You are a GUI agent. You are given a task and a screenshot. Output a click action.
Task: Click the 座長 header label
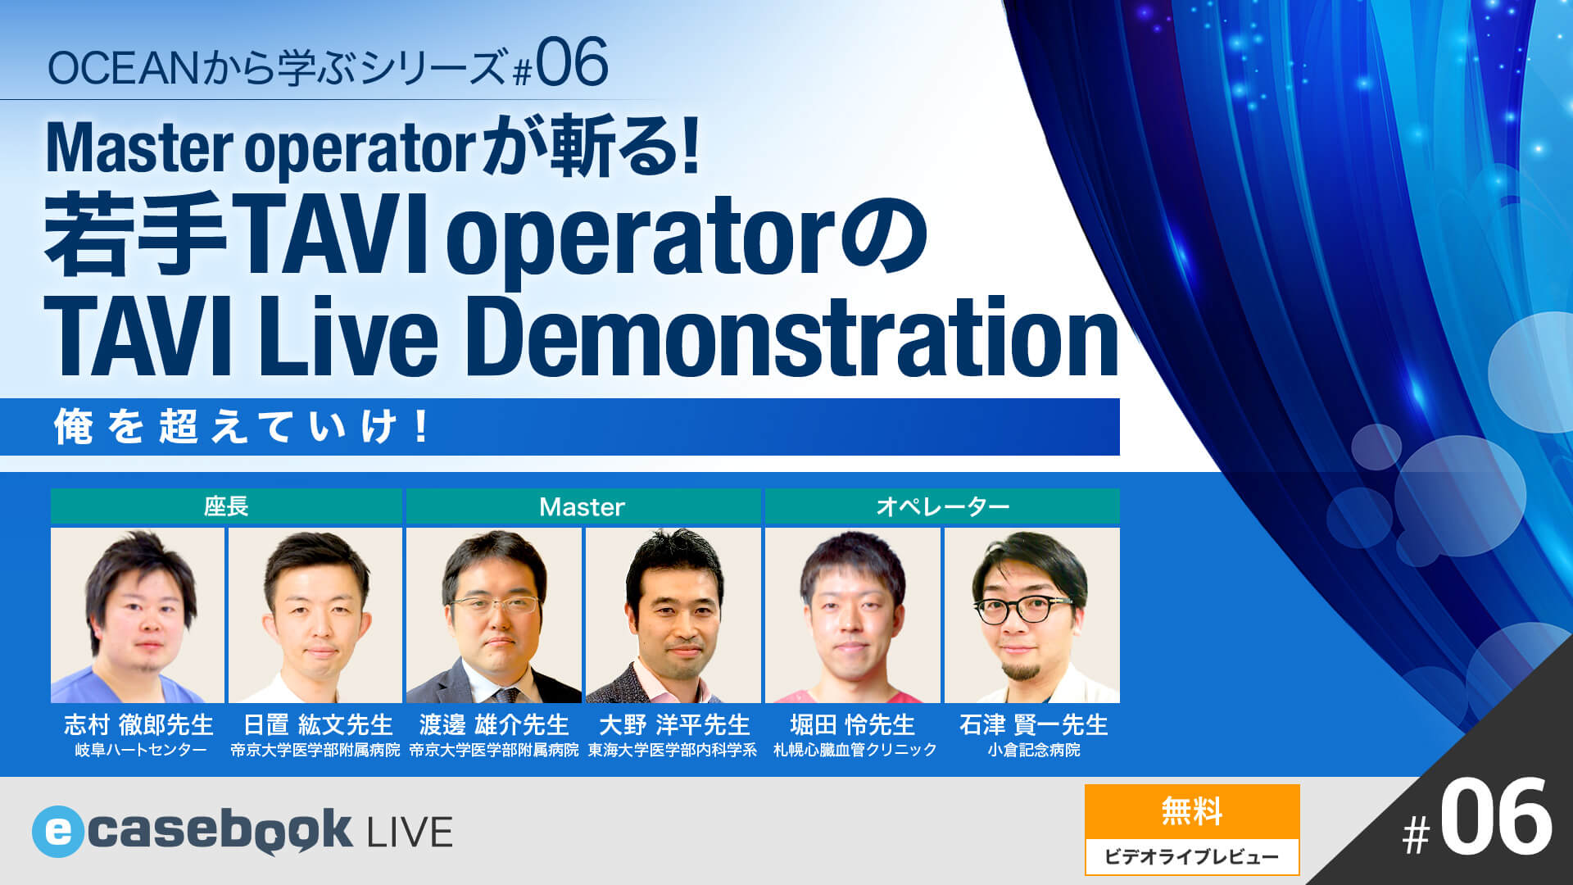tap(225, 506)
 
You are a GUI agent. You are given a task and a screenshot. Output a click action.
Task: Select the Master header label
tap(582, 507)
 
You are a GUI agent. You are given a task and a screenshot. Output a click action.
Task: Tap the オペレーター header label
tap(942, 507)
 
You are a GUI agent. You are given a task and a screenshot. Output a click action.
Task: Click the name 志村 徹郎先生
tap(138, 724)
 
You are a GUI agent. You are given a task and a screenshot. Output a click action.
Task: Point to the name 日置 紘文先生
tap(318, 724)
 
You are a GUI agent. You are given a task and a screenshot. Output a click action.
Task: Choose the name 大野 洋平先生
tap(673, 724)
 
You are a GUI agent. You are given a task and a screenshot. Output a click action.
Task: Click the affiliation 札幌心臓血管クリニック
tap(854, 750)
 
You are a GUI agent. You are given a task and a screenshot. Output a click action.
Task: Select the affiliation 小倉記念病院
tap(1033, 750)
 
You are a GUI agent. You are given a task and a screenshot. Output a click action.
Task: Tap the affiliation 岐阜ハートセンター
tap(140, 750)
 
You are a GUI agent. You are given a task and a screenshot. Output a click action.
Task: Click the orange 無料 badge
tap(1191, 812)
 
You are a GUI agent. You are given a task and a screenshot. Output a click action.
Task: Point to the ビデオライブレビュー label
tap(1191, 857)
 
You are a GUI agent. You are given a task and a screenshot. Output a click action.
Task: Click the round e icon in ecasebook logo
tap(57, 832)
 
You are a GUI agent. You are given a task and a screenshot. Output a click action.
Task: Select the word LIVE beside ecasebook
tap(410, 833)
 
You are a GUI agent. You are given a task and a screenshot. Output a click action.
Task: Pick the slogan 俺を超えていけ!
tap(243, 427)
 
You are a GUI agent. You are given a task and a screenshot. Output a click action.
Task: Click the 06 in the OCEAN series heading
tap(572, 64)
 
